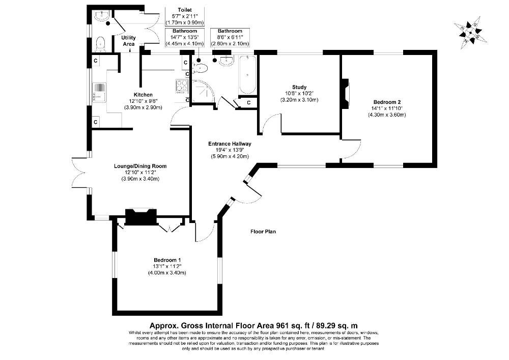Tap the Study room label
[x=299, y=87]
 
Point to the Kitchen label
[x=143, y=95]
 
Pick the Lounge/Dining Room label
[x=140, y=166]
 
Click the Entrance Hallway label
[x=230, y=144]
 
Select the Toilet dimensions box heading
[x=184, y=10]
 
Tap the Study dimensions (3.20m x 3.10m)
[x=299, y=99]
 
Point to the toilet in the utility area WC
[x=100, y=43]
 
